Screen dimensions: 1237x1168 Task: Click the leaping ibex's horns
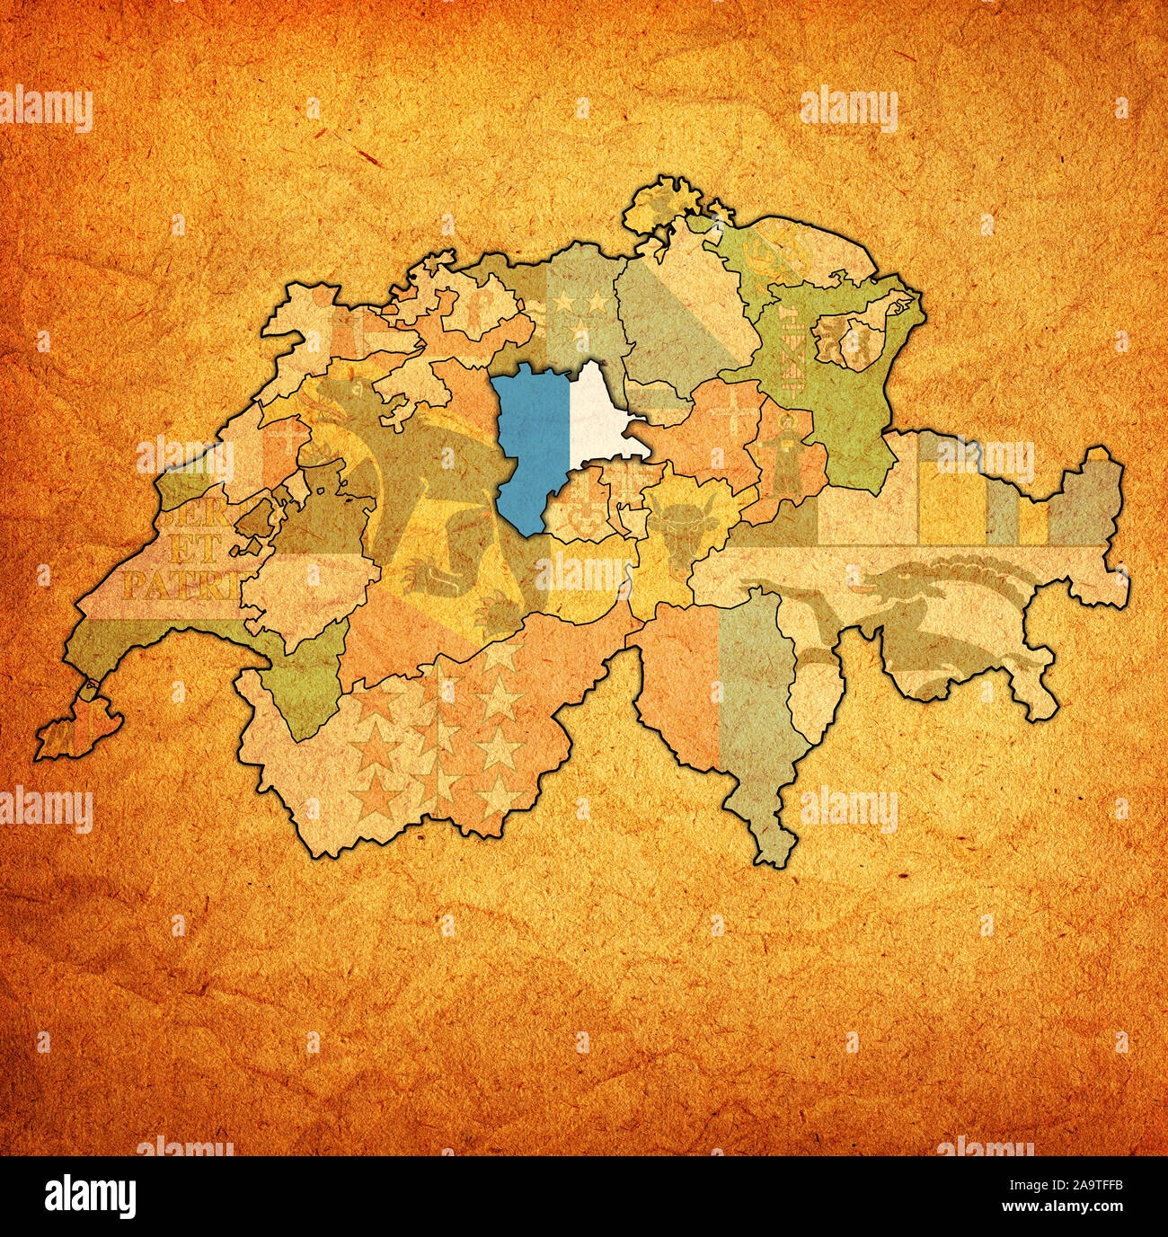952,575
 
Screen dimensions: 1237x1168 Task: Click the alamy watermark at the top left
46,108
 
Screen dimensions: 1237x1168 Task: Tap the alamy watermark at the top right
848,109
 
